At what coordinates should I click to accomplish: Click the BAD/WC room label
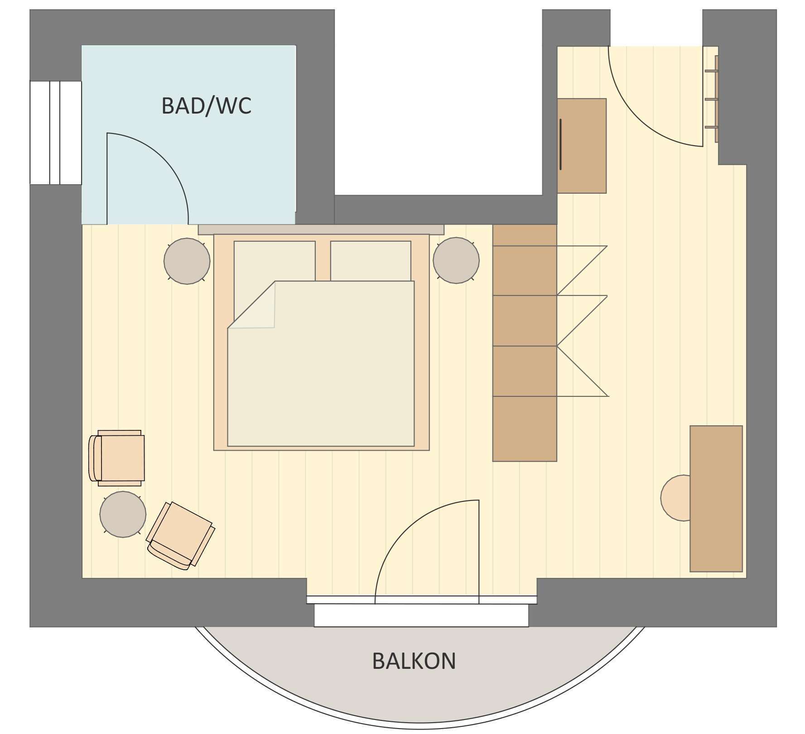pyautogui.click(x=206, y=106)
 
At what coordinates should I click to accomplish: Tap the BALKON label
pyautogui.click(x=414, y=661)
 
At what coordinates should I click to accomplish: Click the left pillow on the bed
pyautogui.click(x=275, y=260)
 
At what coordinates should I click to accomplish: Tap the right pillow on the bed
pyautogui.click(x=371, y=260)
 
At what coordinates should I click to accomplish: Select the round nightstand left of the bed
pyautogui.click(x=187, y=261)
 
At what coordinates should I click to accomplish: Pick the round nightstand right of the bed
pyautogui.click(x=456, y=261)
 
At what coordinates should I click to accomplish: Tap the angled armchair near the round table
pyautogui.click(x=181, y=535)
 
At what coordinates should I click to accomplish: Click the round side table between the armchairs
pyautogui.click(x=123, y=515)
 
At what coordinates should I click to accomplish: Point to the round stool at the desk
pyautogui.click(x=675, y=498)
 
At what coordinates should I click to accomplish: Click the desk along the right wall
pyautogui.click(x=716, y=498)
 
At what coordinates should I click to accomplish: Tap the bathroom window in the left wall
pyautogui.click(x=55, y=133)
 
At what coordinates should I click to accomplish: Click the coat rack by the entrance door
pyautogui.click(x=713, y=99)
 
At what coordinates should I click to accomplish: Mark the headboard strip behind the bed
pyautogui.click(x=321, y=230)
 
